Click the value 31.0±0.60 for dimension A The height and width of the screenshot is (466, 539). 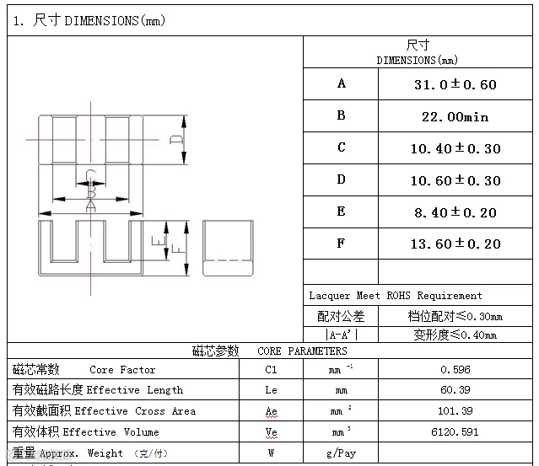click(x=455, y=84)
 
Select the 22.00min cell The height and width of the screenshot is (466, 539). click(x=455, y=116)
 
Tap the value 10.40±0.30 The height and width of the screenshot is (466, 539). click(x=455, y=148)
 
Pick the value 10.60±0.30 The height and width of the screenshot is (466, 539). click(x=455, y=180)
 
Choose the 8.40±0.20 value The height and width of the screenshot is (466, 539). click(x=455, y=212)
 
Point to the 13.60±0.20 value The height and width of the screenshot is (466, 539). click(x=455, y=244)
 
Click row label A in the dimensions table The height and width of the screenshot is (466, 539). click(x=341, y=83)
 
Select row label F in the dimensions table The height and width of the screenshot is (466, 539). click(x=341, y=244)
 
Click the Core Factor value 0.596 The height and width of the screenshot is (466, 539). click(x=455, y=370)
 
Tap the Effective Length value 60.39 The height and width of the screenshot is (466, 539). click(x=455, y=390)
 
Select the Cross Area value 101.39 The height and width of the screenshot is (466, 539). click(x=455, y=411)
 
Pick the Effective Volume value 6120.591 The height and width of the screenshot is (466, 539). click(x=455, y=432)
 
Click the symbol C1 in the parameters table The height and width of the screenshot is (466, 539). click(x=271, y=370)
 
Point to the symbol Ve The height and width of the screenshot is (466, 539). click(x=271, y=432)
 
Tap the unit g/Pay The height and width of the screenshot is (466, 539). click(x=341, y=453)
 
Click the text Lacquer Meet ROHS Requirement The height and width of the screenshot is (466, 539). click(x=396, y=296)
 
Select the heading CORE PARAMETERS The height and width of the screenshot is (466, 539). click(x=302, y=351)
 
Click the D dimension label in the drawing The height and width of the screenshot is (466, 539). click(x=176, y=140)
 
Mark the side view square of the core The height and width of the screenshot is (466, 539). click(x=228, y=248)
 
